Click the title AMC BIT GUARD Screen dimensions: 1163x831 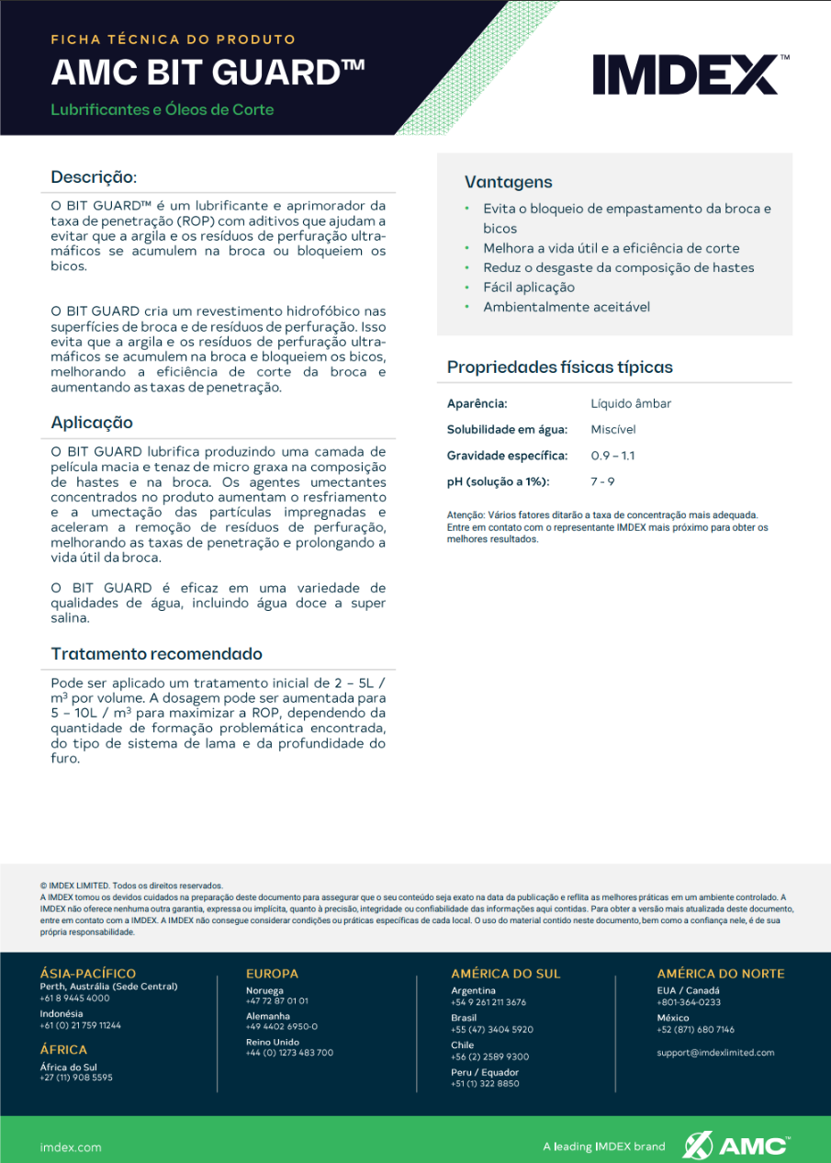click(x=208, y=73)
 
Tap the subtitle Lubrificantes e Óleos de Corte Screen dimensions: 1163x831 click(x=163, y=110)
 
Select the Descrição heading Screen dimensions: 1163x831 click(x=93, y=177)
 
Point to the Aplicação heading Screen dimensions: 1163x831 click(x=92, y=423)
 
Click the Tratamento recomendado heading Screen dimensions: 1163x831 click(x=157, y=654)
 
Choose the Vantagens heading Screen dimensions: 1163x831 click(x=508, y=182)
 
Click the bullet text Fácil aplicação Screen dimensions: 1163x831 click(x=529, y=288)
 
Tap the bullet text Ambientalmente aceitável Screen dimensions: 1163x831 click(x=567, y=307)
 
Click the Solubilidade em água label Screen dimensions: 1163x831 click(x=507, y=429)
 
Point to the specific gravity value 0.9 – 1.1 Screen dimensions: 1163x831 click(x=612, y=456)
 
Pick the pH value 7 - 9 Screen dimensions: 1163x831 click(x=602, y=481)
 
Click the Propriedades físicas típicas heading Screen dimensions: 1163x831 click(x=559, y=367)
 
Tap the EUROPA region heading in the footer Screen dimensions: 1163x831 click(x=272, y=974)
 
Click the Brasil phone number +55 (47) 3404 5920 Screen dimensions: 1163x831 click(x=492, y=1030)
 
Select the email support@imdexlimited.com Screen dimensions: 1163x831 click(x=715, y=1053)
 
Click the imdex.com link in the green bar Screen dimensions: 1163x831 click(x=71, y=1147)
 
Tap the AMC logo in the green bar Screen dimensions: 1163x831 click(x=735, y=1146)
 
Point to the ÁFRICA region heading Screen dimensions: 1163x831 click(x=64, y=1050)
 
